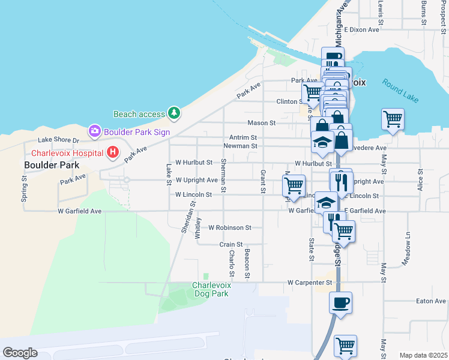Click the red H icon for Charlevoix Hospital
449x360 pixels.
(112, 153)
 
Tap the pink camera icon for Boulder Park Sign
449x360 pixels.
(94, 131)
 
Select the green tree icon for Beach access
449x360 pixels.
(173, 113)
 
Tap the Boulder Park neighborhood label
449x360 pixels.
(51, 164)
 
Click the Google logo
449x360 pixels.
(20, 353)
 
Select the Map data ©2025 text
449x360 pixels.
(423, 355)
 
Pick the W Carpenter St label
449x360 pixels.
(310, 282)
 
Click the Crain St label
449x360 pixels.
(231, 245)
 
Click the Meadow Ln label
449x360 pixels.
(408, 244)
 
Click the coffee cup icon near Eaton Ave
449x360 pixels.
(340, 302)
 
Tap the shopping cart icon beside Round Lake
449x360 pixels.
(393, 119)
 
